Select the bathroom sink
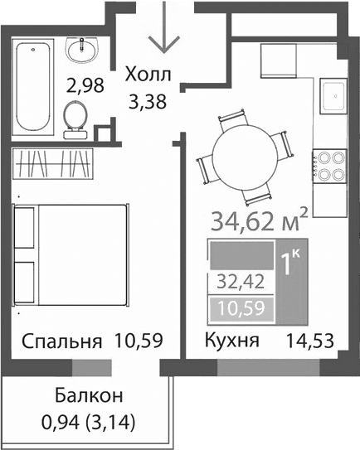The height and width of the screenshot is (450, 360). coord(84,51)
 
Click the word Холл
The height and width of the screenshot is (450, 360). coord(148,76)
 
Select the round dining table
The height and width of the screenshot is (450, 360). coord(246,153)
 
